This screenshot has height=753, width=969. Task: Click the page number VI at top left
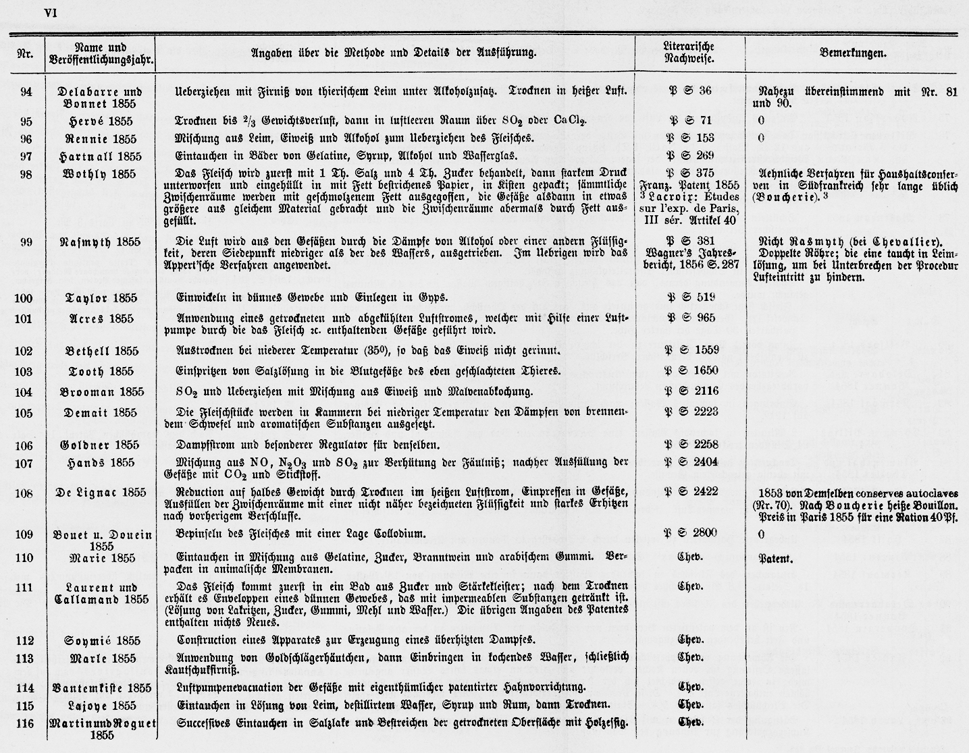[51, 13]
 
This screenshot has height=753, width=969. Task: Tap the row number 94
[26, 92]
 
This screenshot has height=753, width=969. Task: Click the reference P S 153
[689, 138]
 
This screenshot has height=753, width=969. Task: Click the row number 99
[26, 241]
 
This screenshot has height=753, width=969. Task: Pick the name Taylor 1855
[101, 298]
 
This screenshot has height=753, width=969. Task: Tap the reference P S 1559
[689, 350]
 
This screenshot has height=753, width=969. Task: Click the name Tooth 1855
[101, 371]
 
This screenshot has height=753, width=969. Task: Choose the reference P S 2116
[689, 391]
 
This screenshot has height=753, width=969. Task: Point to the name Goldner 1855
[101, 445]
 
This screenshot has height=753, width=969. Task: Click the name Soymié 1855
[101, 641]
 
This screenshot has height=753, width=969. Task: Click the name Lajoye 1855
[101, 705]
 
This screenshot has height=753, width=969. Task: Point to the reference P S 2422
[689, 491]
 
